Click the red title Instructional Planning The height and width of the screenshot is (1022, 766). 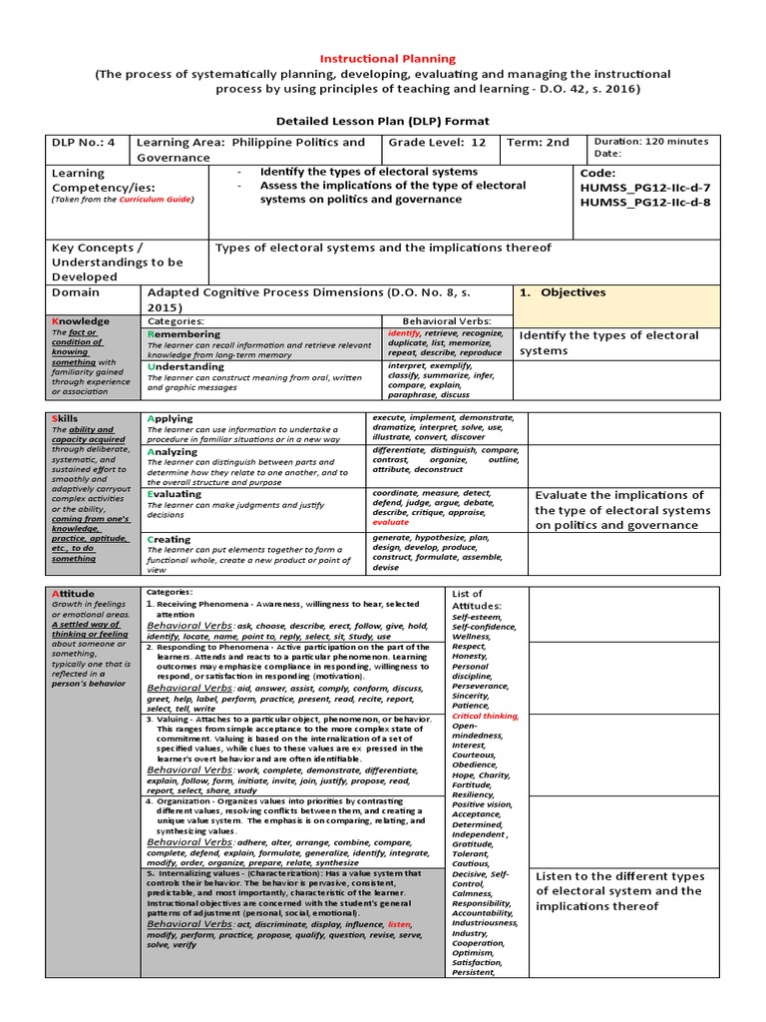coord(387,59)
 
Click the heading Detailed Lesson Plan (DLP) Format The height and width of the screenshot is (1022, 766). coord(383,121)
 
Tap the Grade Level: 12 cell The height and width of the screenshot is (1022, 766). coord(438,143)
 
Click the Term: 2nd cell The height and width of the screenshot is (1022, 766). coord(538,143)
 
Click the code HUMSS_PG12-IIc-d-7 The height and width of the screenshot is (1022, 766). coord(644,188)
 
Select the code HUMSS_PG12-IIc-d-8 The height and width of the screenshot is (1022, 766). coord(644,203)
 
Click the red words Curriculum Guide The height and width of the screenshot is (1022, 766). coord(156,200)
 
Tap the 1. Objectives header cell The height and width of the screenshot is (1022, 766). coord(573,292)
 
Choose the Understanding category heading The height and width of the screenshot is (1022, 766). coord(186,366)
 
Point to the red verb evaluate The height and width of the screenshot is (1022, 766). coord(390,522)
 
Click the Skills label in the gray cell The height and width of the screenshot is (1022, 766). coord(65,419)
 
